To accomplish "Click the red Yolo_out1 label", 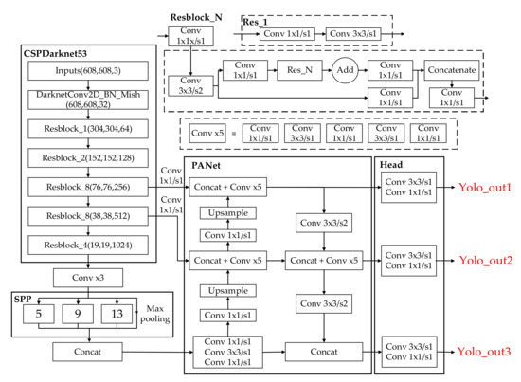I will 485,189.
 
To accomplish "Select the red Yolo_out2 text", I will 485,260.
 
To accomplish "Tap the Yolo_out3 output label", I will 485,352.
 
